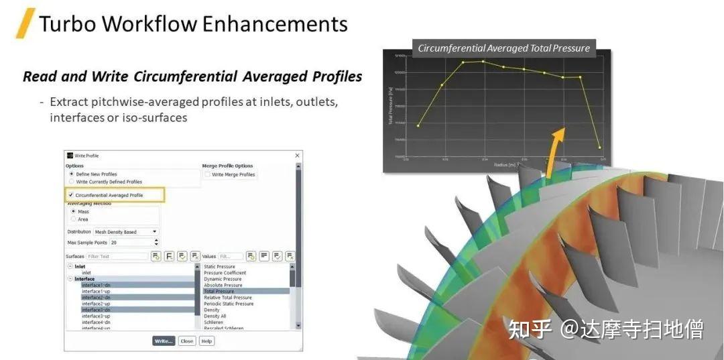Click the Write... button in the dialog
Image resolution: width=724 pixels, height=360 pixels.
tap(164, 341)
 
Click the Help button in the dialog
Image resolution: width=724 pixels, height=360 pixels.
tap(206, 341)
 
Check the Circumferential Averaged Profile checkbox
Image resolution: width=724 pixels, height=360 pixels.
tap(71, 195)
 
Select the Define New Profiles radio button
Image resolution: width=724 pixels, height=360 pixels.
tap(72, 174)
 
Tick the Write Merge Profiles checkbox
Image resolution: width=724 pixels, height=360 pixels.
tap(208, 174)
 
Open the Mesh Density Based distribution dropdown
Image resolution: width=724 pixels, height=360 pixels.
tap(126, 232)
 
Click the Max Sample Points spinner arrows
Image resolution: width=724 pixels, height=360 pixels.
tap(156, 242)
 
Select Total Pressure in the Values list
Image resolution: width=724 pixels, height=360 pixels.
tap(219, 292)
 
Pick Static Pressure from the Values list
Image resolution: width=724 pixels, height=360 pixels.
tap(219, 267)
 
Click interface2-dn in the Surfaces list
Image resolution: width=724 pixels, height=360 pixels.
tap(96, 298)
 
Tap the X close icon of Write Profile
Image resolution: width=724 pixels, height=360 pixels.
tap(298, 156)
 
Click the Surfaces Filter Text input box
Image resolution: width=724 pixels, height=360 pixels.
tap(117, 256)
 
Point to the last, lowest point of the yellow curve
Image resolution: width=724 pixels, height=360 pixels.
tap(599, 147)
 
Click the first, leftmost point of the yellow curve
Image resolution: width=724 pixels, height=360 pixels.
tap(418, 125)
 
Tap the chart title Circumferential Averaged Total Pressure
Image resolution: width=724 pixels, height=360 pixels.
tap(503, 48)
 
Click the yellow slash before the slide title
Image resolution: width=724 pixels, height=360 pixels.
tap(25, 23)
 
